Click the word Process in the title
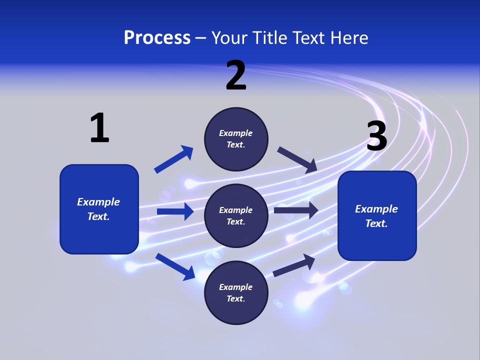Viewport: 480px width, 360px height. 157,38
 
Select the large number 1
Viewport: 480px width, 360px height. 99,128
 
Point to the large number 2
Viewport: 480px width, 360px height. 236,75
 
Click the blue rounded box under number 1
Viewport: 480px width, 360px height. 99,209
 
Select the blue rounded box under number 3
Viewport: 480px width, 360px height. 377,216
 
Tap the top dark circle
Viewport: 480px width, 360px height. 236,139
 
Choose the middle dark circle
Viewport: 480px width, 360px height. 236,215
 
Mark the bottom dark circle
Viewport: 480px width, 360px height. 236,292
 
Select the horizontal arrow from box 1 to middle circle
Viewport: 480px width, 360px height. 175,211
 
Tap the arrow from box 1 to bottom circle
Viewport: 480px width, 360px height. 175,266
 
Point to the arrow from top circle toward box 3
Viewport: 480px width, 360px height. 297,159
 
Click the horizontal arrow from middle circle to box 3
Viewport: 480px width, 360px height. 296,210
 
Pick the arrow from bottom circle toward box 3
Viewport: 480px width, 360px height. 294,265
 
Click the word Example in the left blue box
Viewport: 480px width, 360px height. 98,202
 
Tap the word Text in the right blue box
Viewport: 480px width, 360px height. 376,223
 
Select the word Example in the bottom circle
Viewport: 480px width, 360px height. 235,287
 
